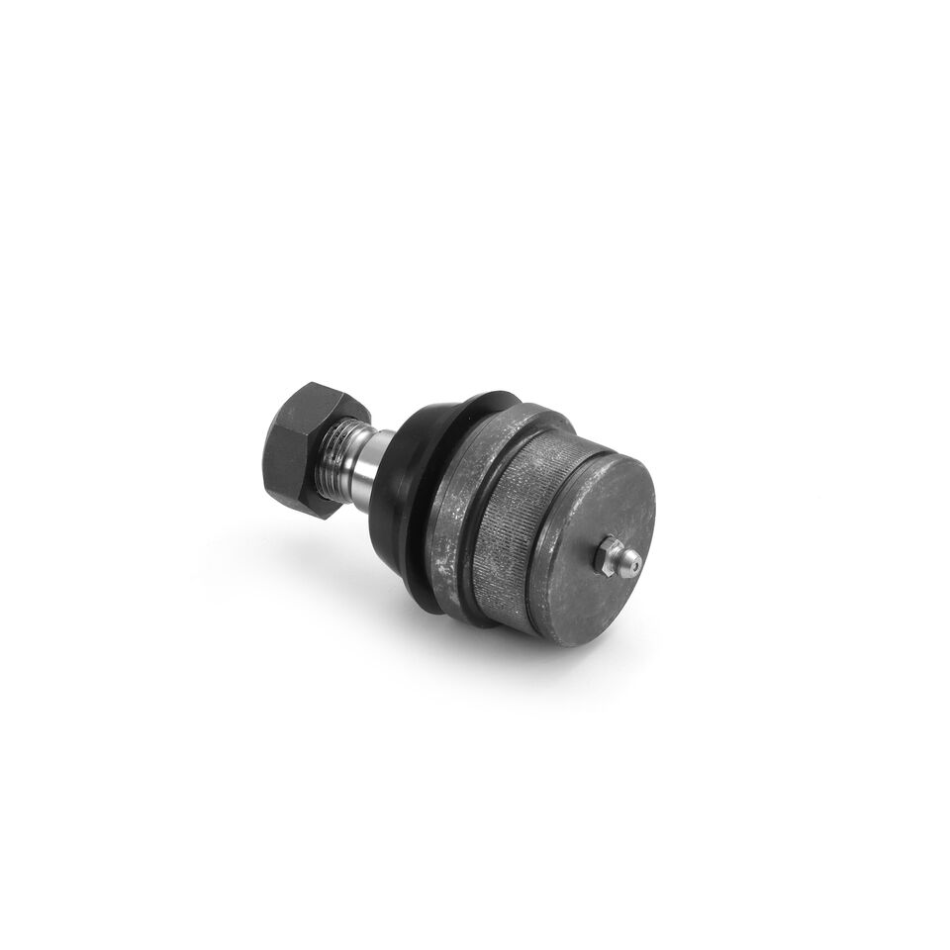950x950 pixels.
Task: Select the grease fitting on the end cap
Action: point(617,558)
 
